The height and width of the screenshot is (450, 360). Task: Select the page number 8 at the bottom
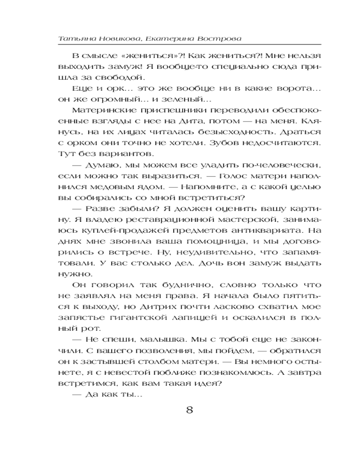(189, 410)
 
